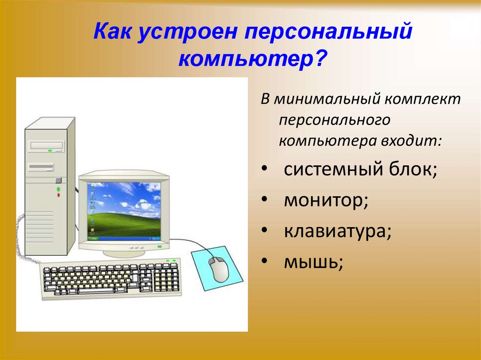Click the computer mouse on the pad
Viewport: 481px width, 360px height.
(218, 269)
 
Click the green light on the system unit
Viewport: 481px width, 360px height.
(59, 189)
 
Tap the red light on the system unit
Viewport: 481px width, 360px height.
(59, 195)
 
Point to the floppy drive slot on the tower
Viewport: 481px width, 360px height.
(41, 167)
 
